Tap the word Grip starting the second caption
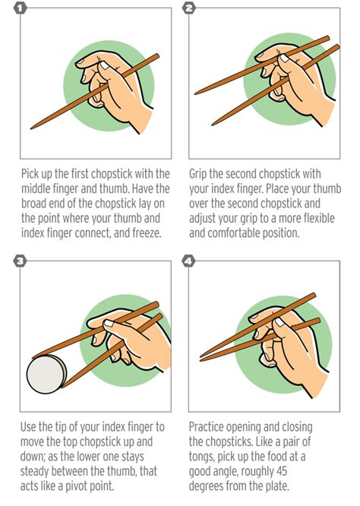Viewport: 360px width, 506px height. tap(201, 174)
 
